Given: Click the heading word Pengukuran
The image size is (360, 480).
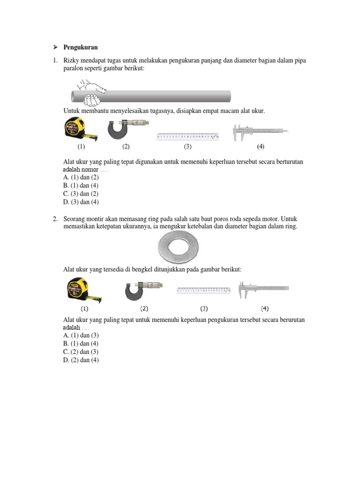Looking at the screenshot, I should point(80,48).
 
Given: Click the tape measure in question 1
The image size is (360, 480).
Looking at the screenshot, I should point(79,130).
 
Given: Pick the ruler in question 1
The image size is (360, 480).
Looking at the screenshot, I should point(187,136).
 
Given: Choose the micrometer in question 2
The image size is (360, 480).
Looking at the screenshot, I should point(143,289).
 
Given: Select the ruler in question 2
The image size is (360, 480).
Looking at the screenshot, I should point(203,291).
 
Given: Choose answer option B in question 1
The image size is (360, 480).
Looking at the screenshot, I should point(81,186).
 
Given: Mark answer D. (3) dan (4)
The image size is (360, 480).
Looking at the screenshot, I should point(81,202).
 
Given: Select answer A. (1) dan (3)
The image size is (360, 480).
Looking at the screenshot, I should point(81,336).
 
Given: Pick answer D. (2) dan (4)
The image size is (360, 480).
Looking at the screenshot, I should point(81,360).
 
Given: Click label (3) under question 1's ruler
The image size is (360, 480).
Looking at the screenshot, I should point(187,146).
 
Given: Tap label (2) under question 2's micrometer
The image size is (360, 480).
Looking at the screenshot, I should point(144,308).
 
